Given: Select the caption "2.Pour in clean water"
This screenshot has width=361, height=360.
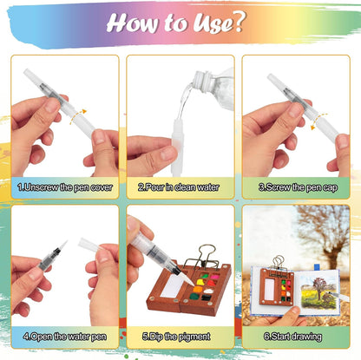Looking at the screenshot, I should click(x=180, y=187).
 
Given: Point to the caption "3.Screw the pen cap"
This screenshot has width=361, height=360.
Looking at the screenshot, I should click(x=295, y=187).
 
